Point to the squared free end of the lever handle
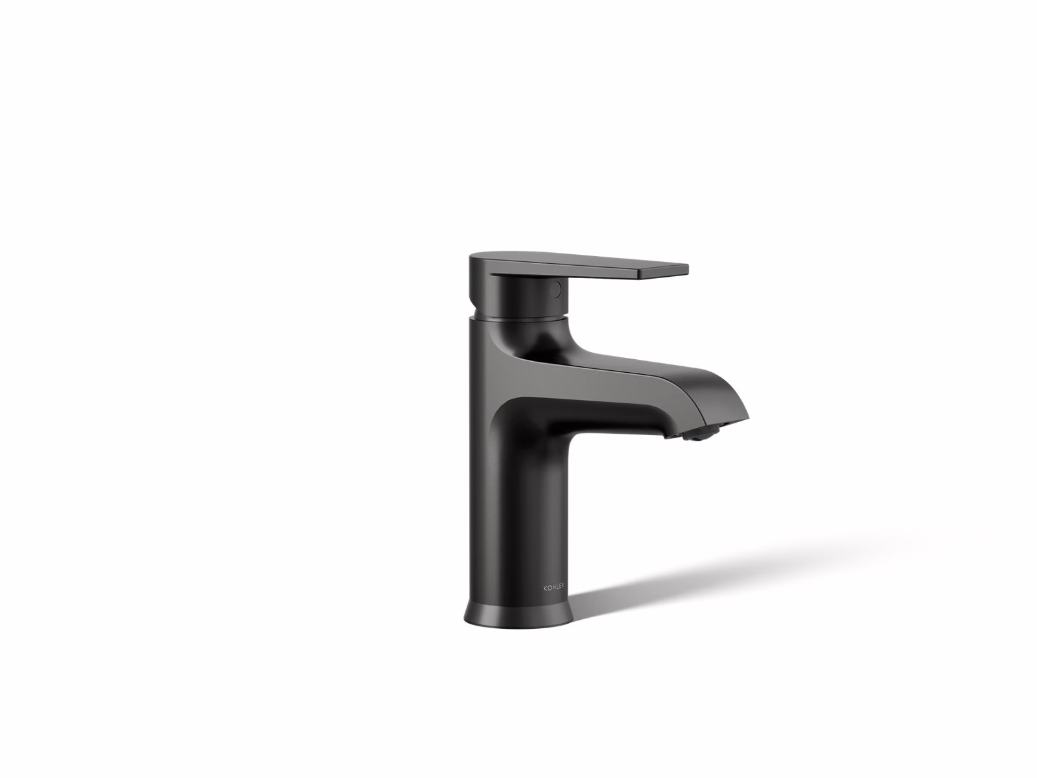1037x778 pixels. coord(663,272)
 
